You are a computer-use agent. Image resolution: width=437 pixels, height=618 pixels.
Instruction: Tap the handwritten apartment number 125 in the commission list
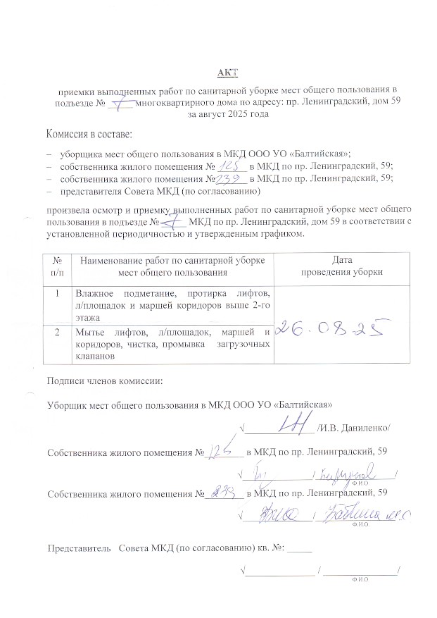click(230, 166)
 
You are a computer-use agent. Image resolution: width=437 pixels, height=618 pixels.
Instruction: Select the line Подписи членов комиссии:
click(105, 381)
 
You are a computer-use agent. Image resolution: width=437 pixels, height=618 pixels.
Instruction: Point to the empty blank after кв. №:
click(300, 548)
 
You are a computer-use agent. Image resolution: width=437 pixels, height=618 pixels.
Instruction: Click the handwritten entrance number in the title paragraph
click(125, 103)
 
